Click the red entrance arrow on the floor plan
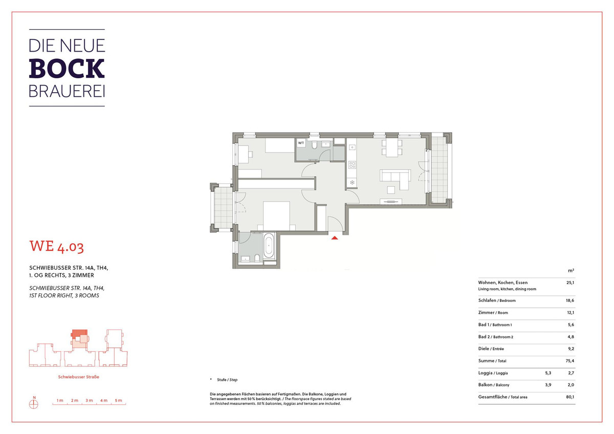[x=335, y=238]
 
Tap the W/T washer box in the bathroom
[x=301, y=143]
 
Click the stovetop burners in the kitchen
[x=352, y=165]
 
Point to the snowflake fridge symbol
[x=352, y=182]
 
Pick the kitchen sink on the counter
[x=352, y=147]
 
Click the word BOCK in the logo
[x=67, y=68]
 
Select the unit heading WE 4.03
[x=56, y=247]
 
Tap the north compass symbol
[x=34, y=404]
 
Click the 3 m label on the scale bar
[x=89, y=400]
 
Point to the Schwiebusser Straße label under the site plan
[x=78, y=377]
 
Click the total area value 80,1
[x=570, y=397]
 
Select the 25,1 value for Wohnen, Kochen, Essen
[x=570, y=283]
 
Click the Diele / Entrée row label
[x=491, y=349]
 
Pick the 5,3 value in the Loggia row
[x=548, y=373]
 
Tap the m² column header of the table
[x=571, y=271]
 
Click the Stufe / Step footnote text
[x=227, y=380]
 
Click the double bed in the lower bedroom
[x=276, y=216]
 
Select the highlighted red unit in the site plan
[x=79, y=333]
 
